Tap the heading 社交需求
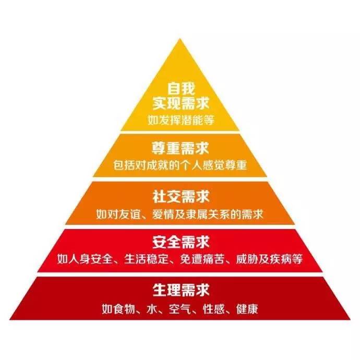180,197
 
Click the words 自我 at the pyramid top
180,88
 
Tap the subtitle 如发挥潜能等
180,119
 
